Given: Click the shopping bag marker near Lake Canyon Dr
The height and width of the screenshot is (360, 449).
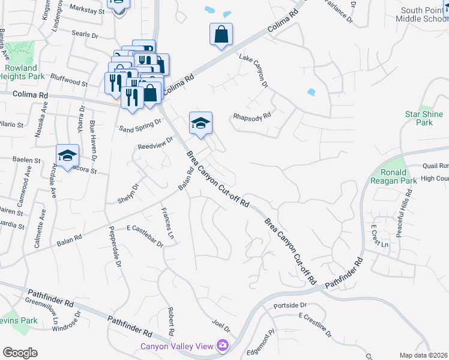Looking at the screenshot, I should click(x=221, y=35).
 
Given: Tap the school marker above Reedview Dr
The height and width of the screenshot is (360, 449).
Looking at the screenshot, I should click(x=201, y=124).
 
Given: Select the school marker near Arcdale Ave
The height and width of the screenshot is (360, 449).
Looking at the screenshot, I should click(x=68, y=156).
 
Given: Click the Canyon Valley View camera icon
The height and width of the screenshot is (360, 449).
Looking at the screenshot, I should click(x=223, y=346).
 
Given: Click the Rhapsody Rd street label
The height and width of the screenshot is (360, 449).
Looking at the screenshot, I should click(x=252, y=116).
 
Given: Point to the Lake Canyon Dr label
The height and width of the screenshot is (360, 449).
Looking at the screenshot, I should click(x=253, y=71).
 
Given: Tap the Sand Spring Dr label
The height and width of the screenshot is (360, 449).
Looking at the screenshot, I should click(x=140, y=125).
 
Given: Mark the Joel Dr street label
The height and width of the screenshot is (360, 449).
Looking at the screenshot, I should click(x=220, y=325).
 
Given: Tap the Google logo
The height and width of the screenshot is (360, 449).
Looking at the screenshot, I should click(x=20, y=353).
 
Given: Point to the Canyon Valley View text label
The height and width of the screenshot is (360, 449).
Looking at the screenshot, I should click(x=177, y=346).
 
